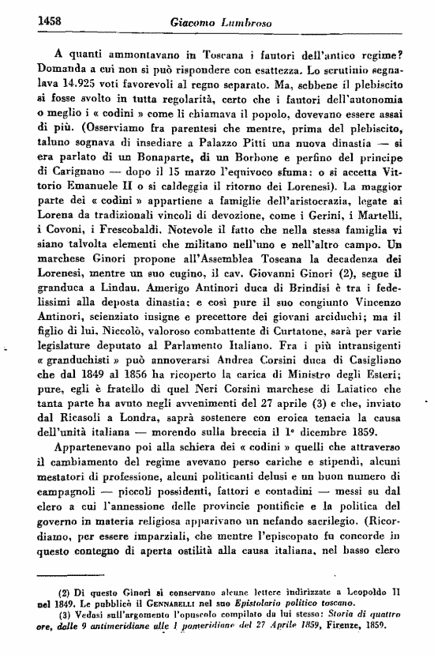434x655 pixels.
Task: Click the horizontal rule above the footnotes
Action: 78,576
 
